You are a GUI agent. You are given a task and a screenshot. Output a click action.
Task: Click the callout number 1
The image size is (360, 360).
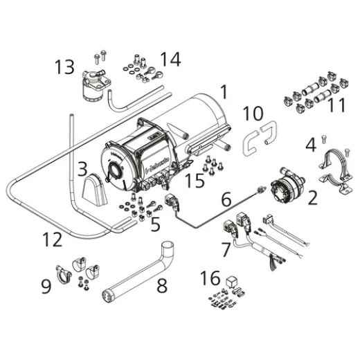(224, 91)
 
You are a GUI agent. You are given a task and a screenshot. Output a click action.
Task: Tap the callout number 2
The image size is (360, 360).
(312, 199)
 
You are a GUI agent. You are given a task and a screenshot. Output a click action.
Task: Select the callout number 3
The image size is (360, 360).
(82, 168)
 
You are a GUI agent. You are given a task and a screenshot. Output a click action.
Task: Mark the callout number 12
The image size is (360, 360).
(52, 240)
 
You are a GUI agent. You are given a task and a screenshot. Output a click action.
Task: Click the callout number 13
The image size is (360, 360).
(64, 67)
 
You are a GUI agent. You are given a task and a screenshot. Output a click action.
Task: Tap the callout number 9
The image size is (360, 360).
(46, 285)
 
